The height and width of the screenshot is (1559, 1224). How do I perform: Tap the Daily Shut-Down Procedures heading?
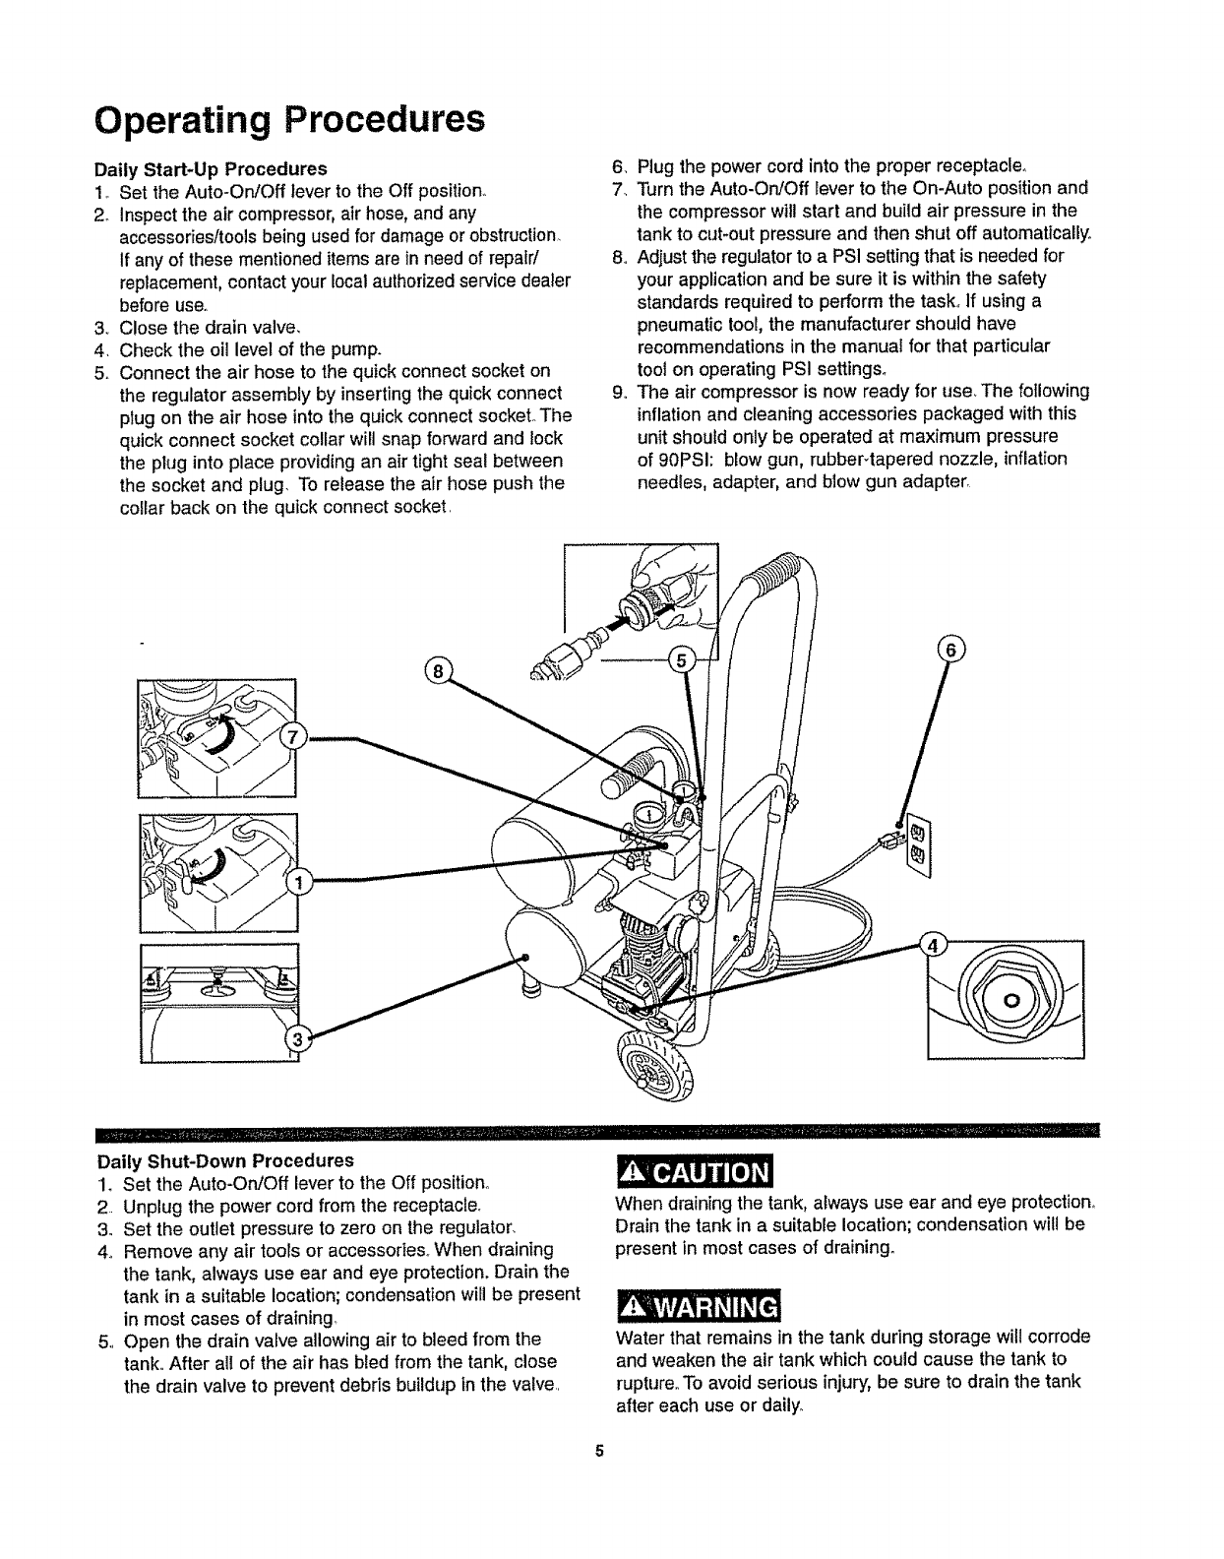coord(223,1160)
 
